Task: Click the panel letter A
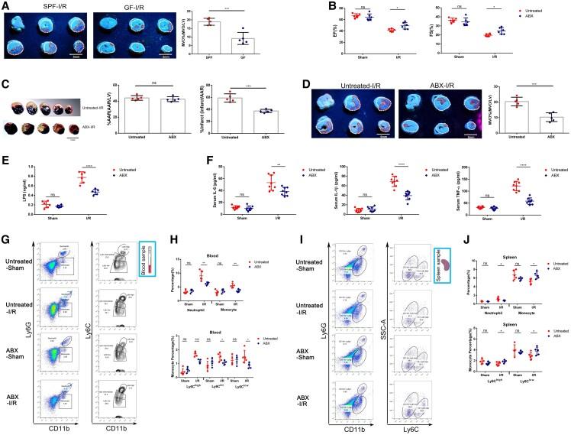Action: pyautogui.click(x=5, y=5)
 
